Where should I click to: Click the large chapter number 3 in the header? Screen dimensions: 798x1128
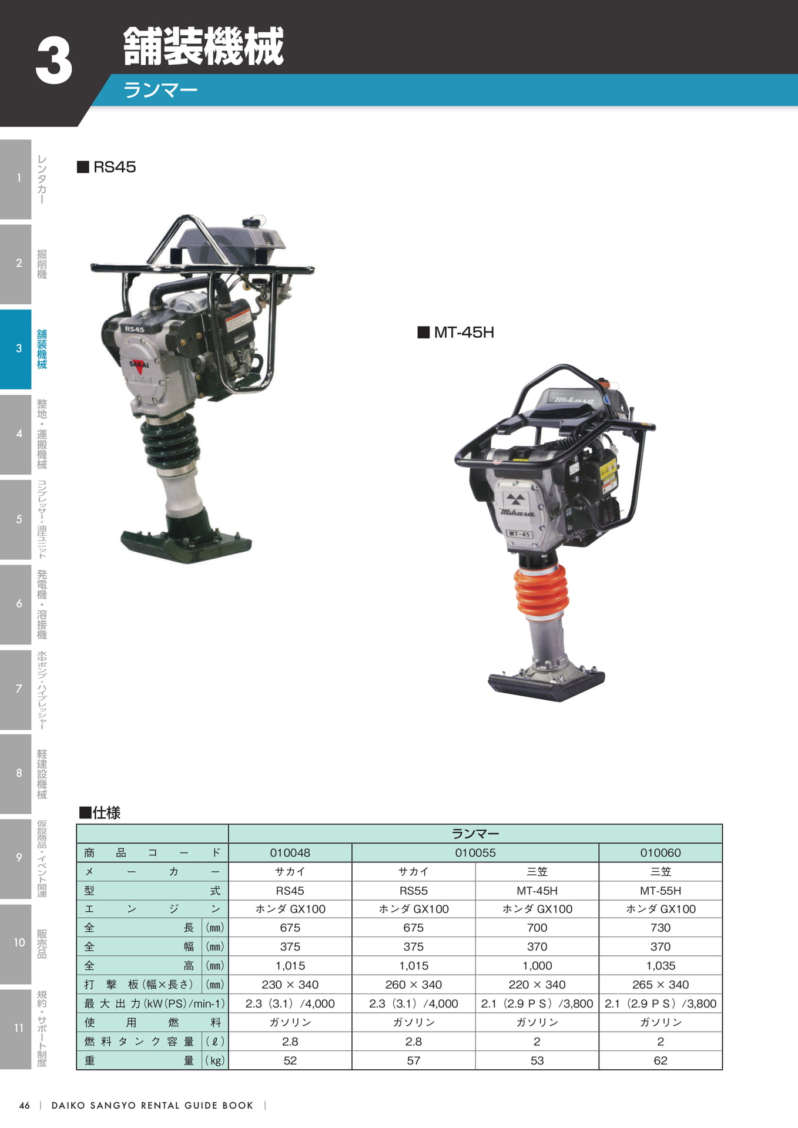[x=54, y=61]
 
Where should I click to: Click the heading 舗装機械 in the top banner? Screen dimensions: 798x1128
[x=203, y=46]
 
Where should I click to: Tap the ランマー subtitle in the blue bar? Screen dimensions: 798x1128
[x=160, y=90]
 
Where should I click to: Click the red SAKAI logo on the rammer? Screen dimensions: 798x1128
[x=139, y=365]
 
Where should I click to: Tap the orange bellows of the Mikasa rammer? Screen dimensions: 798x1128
[x=541, y=592]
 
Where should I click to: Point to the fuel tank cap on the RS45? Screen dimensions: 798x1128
[x=252, y=223]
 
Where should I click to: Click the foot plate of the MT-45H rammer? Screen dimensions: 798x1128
[x=546, y=684]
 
